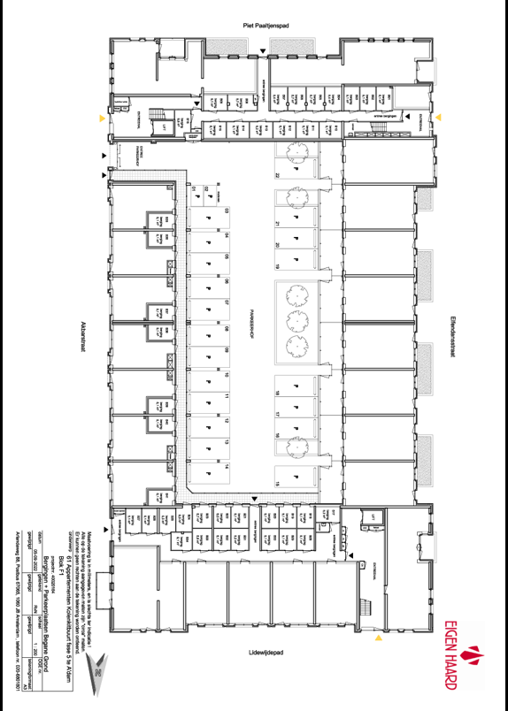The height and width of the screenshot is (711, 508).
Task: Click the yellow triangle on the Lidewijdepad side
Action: [378, 636]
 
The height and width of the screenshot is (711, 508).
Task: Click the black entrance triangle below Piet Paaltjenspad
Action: [266, 53]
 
